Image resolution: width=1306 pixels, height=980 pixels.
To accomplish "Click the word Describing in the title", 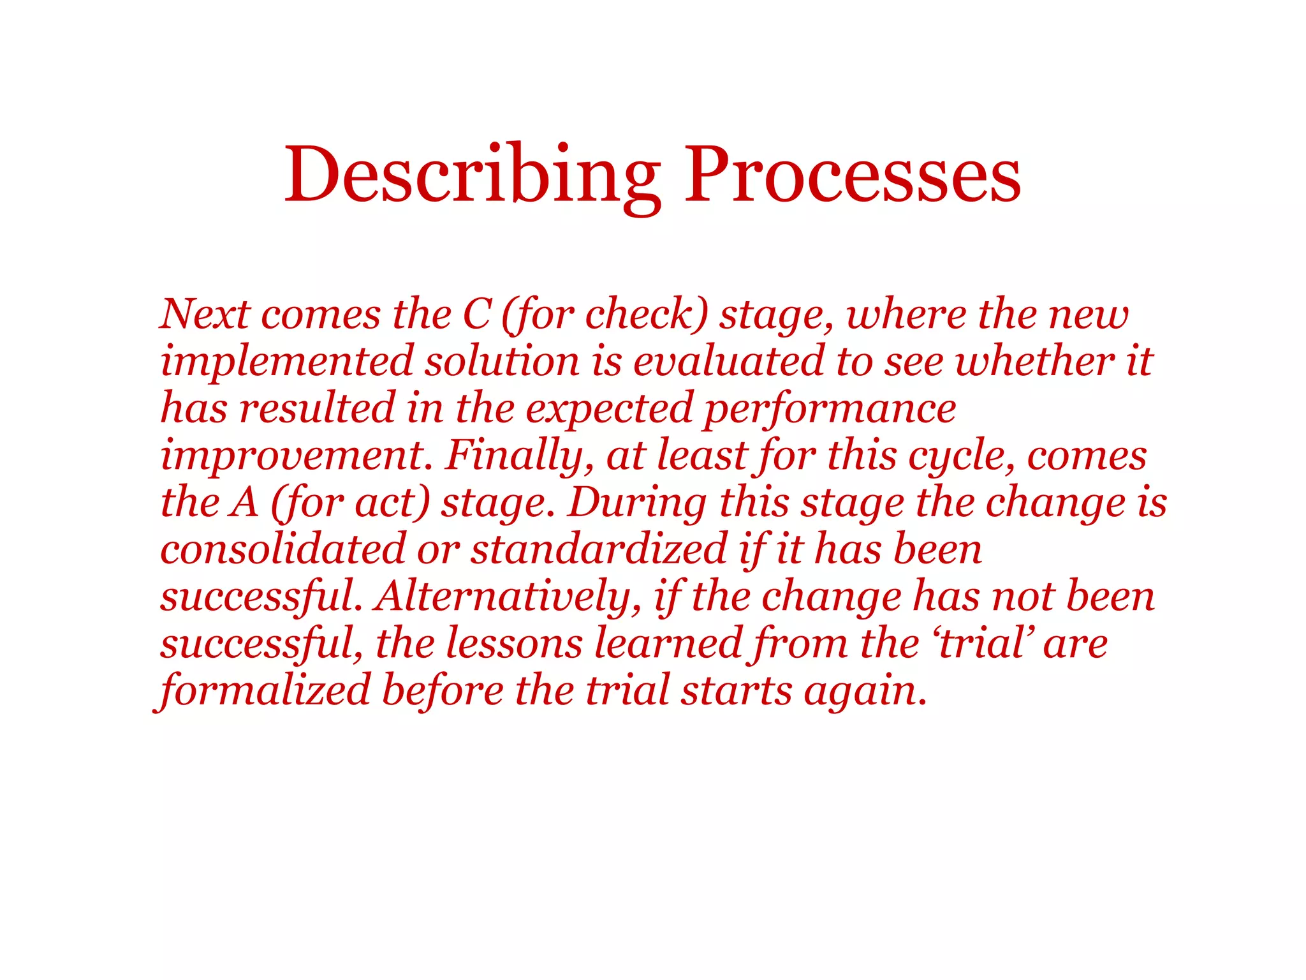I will [472, 174].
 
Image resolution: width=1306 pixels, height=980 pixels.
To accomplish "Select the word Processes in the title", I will [852, 174].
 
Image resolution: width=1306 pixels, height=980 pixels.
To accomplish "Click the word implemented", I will [287, 361].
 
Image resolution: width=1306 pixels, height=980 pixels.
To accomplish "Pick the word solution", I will [503, 361].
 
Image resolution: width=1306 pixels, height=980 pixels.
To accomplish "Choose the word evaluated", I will [728, 361].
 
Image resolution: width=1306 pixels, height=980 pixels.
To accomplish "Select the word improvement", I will [292, 456].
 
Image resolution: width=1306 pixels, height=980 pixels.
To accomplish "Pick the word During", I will [638, 503].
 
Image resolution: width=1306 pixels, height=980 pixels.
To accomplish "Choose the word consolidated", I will [283, 549].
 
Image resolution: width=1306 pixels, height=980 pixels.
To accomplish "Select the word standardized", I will [599, 549].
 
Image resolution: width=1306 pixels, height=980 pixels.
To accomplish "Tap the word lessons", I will [514, 643].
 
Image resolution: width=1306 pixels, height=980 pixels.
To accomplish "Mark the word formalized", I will [264, 690].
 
